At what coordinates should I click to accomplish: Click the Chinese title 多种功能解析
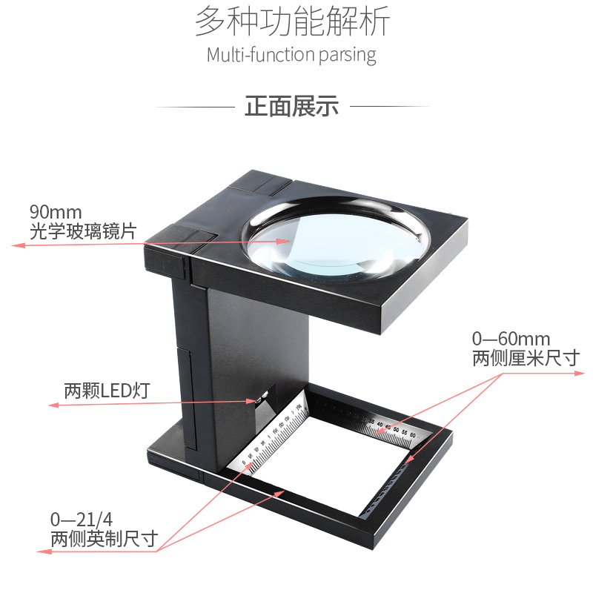(x=292, y=22)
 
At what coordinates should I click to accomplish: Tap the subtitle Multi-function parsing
(x=291, y=55)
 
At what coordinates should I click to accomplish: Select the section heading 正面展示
(x=291, y=107)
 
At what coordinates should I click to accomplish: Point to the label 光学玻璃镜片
(x=82, y=231)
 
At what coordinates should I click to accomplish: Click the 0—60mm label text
(x=511, y=339)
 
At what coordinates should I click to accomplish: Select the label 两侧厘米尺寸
(x=526, y=359)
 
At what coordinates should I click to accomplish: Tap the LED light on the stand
(x=259, y=400)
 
